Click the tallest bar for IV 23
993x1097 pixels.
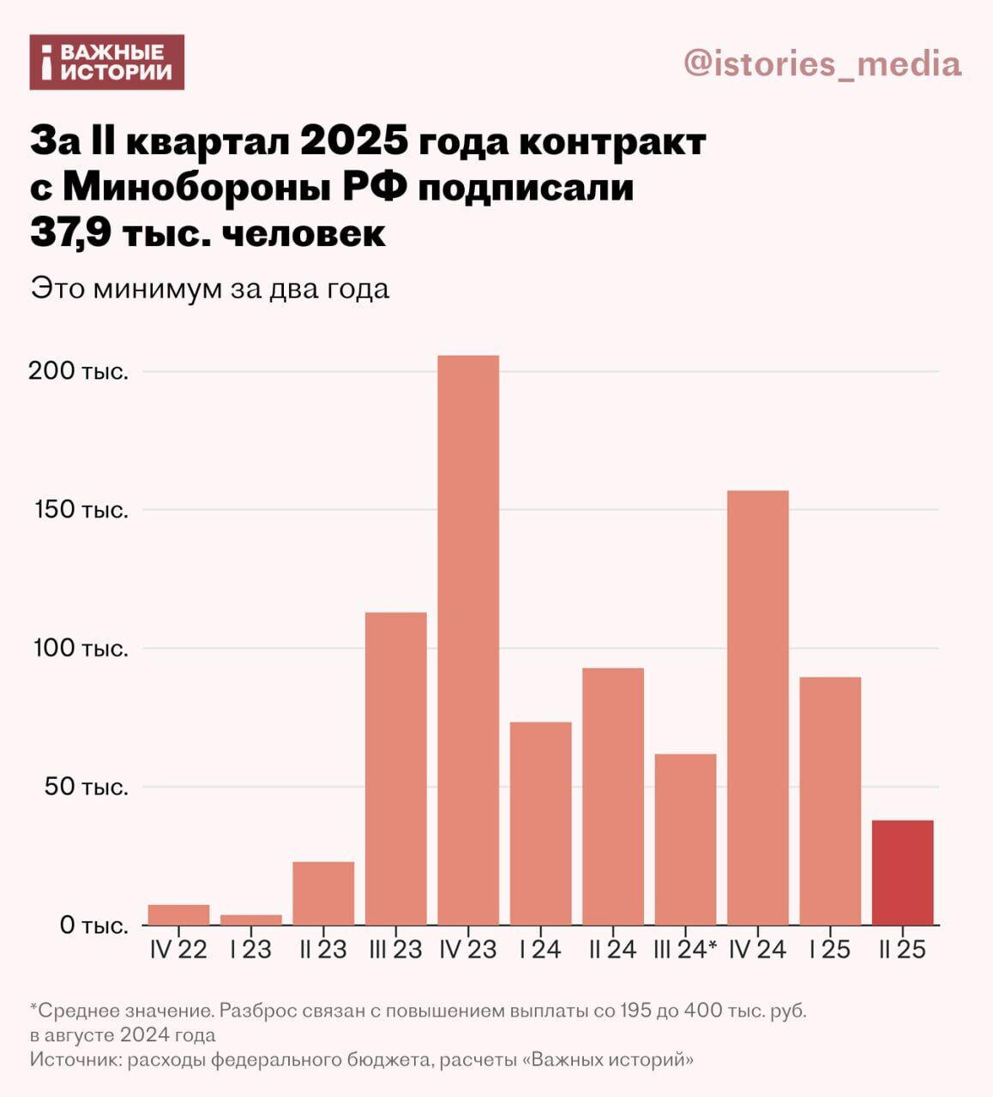coord(468,639)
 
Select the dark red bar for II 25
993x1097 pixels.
coord(902,872)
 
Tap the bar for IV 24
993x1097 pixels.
coord(757,707)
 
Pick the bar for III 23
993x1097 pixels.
coord(395,768)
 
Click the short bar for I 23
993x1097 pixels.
coord(250,920)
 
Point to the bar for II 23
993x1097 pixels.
coord(323,893)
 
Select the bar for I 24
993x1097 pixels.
coord(540,823)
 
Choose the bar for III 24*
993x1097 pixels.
coord(685,839)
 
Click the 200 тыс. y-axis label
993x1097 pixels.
coord(78,372)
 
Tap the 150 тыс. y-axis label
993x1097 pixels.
coord(81,510)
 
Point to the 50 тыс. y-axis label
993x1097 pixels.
coord(86,787)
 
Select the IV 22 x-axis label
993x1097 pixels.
coord(178,950)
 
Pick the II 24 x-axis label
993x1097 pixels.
coord(612,950)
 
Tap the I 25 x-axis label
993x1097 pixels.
coord(829,950)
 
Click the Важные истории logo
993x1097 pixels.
coord(107,63)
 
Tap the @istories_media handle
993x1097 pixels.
coord(822,64)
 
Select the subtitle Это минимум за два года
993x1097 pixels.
coord(210,288)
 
